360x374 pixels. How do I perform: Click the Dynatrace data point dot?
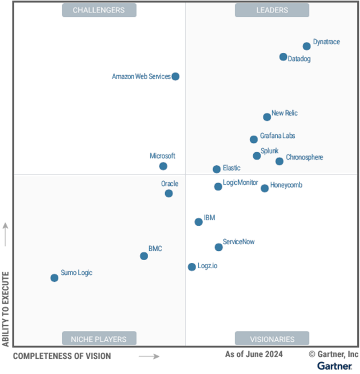coord(307,46)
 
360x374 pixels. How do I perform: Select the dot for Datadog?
coord(283,57)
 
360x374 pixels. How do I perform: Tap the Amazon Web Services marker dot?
coord(175,76)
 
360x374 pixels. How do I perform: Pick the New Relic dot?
coord(267,117)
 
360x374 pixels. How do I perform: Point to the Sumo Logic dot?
coord(54,278)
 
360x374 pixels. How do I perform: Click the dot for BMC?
coord(144,256)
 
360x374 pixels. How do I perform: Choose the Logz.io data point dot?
coord(192,267)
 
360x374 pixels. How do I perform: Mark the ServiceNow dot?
coord(218,247)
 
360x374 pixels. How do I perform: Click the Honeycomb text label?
coord(286,185)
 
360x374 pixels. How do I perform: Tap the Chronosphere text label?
coord(304,158)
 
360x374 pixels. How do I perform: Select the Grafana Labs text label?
coord(277,136)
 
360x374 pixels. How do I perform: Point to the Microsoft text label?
coord(162,156)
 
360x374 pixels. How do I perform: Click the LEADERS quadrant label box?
coord(272,10)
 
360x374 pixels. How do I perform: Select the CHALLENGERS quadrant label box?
coord(99,10)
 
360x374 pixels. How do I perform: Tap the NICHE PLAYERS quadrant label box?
coord(99,339)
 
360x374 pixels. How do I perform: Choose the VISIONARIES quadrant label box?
coord(272,339)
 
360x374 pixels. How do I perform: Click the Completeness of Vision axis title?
coord(62,357)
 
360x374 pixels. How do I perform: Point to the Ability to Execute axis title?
coord(6,309)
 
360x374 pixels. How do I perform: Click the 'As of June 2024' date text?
coord(254,354)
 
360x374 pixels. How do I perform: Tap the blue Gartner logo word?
coord(334,366)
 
